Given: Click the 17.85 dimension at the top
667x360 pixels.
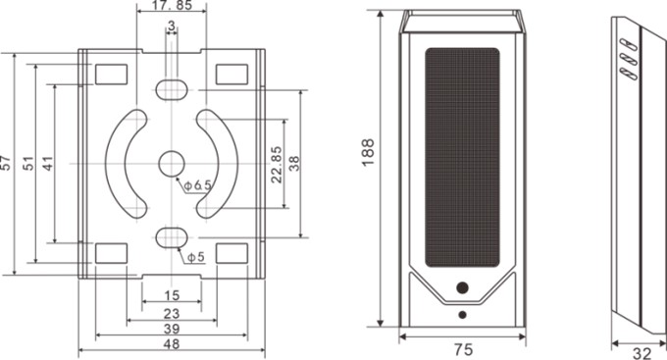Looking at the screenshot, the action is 172,5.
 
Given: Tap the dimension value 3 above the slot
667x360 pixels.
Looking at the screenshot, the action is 172,26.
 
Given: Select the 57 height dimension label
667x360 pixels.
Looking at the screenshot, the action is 5,163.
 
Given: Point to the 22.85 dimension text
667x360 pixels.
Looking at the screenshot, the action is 277,164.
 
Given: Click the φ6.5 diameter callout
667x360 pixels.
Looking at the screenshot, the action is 198,185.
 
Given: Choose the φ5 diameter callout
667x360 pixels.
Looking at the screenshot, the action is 196,257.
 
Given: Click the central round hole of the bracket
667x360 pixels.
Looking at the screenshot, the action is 172,164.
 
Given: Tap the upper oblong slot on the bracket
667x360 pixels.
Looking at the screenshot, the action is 172,89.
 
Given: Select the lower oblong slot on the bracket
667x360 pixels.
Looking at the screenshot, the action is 172,237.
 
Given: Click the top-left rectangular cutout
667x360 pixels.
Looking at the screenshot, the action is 112,75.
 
